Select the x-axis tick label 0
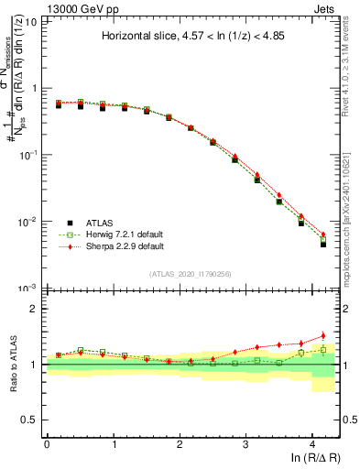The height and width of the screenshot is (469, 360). [47, 443]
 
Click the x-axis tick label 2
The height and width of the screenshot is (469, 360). [180, 443]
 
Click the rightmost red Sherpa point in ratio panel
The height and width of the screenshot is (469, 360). [322, 335]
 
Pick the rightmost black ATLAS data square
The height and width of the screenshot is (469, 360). [322, 244]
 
